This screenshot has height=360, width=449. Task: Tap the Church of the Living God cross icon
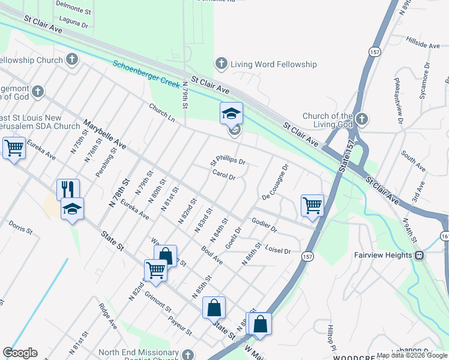pos(361,119)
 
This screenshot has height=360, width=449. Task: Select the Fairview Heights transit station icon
pos(420,255)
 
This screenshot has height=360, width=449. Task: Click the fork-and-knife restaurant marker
pos(68,189)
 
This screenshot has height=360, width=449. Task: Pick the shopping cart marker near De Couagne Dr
pos(312,205)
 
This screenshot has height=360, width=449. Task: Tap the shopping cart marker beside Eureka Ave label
pos(14,147)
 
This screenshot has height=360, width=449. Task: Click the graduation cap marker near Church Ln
pos(231,113)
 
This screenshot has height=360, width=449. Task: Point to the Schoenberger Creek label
pos(146,73)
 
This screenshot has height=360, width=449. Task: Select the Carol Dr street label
pos(223,175)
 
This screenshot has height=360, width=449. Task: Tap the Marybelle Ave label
pos(104,135)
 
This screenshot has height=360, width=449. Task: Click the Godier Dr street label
pos(264,225)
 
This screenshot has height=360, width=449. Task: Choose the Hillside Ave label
pos(423,45)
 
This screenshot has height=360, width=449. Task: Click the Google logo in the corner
pos(20,353)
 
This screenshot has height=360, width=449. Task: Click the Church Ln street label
pos(162,112)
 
